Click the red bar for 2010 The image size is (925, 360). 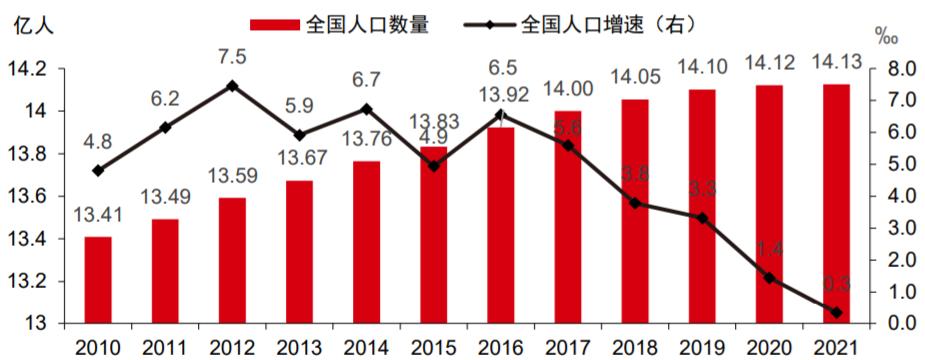[98, 280]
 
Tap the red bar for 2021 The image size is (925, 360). [836, 204]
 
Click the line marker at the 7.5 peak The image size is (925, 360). [232, 86]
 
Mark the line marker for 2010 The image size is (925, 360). [98, 171]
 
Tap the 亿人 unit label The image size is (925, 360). [33, 25]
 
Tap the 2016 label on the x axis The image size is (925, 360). [500, 347]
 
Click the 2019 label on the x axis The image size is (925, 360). [702, 347]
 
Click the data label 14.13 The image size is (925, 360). [836, 63]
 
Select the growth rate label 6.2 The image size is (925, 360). [164, 98]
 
